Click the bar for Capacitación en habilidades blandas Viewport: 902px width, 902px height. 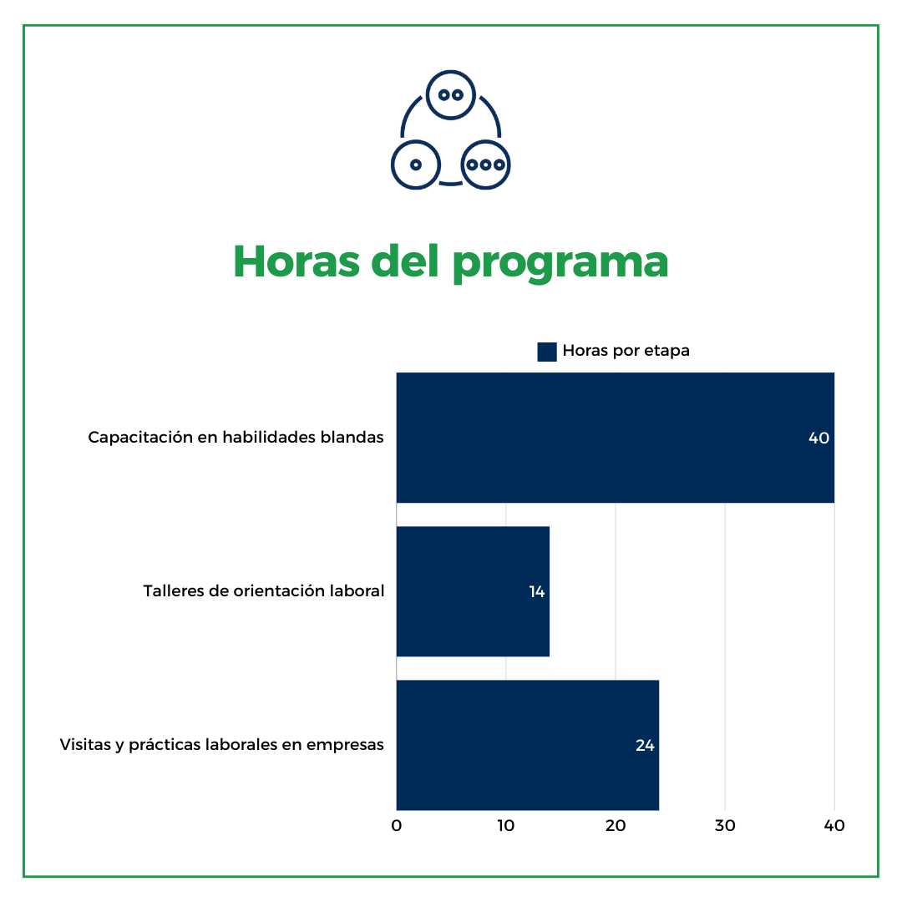[x=615, y=438]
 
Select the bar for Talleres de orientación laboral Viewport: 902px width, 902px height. [x=473, y=591]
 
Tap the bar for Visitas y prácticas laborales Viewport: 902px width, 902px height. [x=527, y=745]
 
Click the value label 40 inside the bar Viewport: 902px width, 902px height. [x=818, y=438]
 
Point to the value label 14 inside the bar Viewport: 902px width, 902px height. [x=537, y=592]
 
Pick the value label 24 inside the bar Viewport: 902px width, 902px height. [x=645, y=746]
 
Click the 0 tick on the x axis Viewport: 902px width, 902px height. [x=397, y=826]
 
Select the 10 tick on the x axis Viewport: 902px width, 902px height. [x=505, y=826]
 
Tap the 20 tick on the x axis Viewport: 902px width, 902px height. [x=616, y=826]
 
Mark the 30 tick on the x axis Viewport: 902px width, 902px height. [x=725, y=826]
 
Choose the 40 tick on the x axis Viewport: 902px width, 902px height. [x=834, y=826]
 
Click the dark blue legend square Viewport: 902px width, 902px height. [x=547, y=352]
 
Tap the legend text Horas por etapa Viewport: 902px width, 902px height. [x=626, y=351]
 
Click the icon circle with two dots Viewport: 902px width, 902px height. [x=451, y=94]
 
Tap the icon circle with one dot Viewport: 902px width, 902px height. [x=415, y=165]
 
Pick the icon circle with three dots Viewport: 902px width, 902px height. [x=486, y=165]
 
